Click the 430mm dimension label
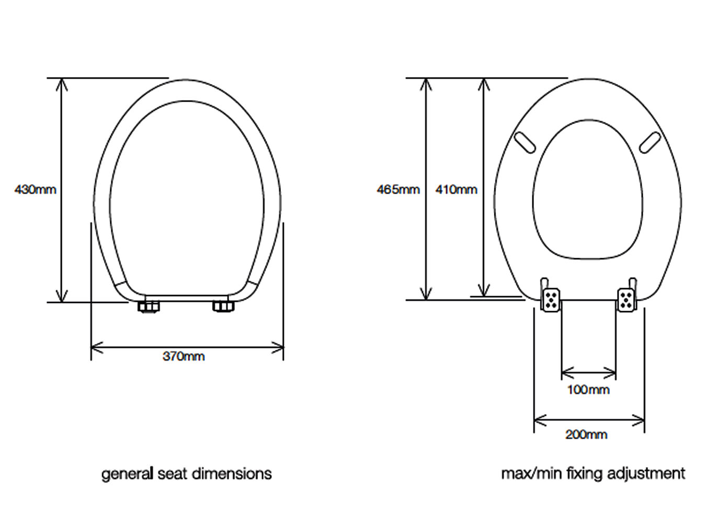(35, 189)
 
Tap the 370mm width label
(184, 357)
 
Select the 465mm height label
(398, 189)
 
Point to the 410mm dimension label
(456, 189)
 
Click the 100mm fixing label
(588, 390)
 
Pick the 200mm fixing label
(586, 435)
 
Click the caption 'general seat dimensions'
(186, 474)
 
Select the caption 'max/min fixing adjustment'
(593, 474)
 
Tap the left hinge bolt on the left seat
(149, 306)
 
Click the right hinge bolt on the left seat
(224, 306)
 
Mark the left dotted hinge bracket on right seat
(551, 300)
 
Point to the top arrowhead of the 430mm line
(62, 83)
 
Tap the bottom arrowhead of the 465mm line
(427, 295)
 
